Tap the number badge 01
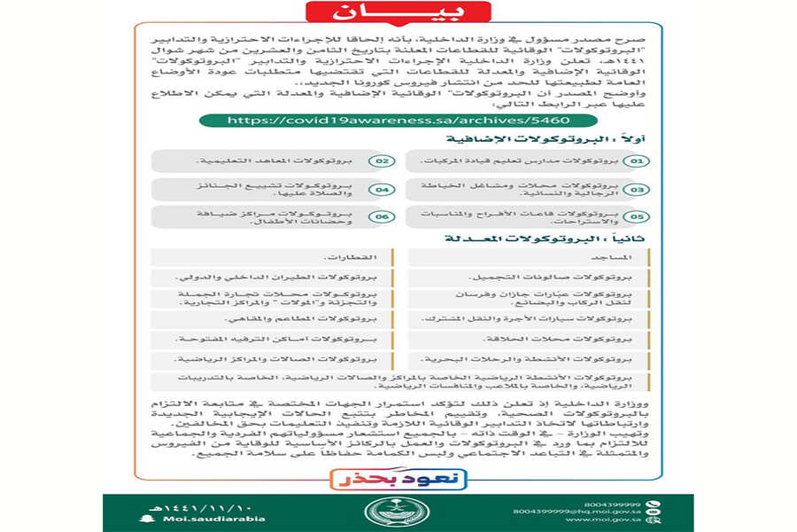[636, 162]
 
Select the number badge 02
[382, 162]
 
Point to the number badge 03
[636, 190]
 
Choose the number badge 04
[382, 190]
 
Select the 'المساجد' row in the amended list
[528, 257]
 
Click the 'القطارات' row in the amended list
[270, 257]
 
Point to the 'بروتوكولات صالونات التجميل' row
[528, 277]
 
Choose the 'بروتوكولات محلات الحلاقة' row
[528, 339]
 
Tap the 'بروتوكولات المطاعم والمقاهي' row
[270, 318]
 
